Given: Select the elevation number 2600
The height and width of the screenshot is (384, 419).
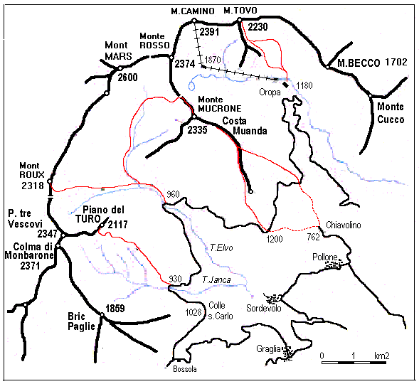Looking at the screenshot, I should click(128, 77).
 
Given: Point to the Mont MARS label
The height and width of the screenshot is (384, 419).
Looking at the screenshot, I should click(116, 50).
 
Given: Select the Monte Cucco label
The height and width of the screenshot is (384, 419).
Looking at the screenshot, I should click(390, 112).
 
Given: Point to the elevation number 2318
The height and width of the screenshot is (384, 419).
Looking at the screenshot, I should click(33, 186).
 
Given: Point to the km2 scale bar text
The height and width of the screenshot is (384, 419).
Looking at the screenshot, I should click(381, 355).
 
